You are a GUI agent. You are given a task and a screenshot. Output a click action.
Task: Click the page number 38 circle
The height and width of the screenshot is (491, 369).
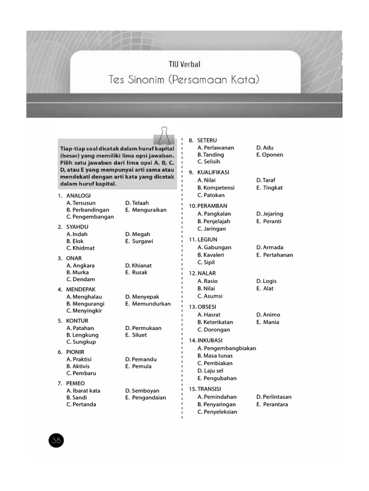pyautogui.click(x=56, y=440)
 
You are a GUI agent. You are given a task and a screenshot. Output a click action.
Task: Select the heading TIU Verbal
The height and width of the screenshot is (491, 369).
pyautogui.click(x=184, y=64)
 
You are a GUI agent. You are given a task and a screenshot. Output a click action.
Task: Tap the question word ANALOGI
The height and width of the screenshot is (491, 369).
pyautogui.click(x=78, y=196)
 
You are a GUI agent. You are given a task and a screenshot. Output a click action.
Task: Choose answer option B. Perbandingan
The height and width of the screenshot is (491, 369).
pyautogui.click(x=88, y=210)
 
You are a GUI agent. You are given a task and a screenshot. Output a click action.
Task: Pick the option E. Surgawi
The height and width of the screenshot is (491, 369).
pyautogui.click(x=139, y=241)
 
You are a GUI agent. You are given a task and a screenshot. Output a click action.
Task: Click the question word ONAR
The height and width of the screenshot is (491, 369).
pyautogui.click(x=74, y=258)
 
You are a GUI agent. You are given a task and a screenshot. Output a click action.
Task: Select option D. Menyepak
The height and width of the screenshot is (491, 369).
pyautogui.click(x=142, y=297)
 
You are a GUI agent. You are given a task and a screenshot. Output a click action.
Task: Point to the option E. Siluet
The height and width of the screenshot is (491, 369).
pyautogui.click(x=136, y=335)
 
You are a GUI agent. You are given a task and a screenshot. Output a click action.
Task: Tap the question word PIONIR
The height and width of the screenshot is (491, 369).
pyautogui.click(x=75, y=352)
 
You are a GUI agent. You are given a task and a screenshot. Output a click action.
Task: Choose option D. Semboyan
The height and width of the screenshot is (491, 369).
pyautogui.click(x=142, y=391)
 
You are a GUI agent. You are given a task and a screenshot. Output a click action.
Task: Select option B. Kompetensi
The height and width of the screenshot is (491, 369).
pyautogui.click(x=216, y=188)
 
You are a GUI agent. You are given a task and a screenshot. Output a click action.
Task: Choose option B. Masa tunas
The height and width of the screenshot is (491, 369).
pyautogui.click(x=215, y=356)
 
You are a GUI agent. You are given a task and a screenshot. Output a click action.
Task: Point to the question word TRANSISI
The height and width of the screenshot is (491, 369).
pyautogui.click(x=209, y=389)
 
